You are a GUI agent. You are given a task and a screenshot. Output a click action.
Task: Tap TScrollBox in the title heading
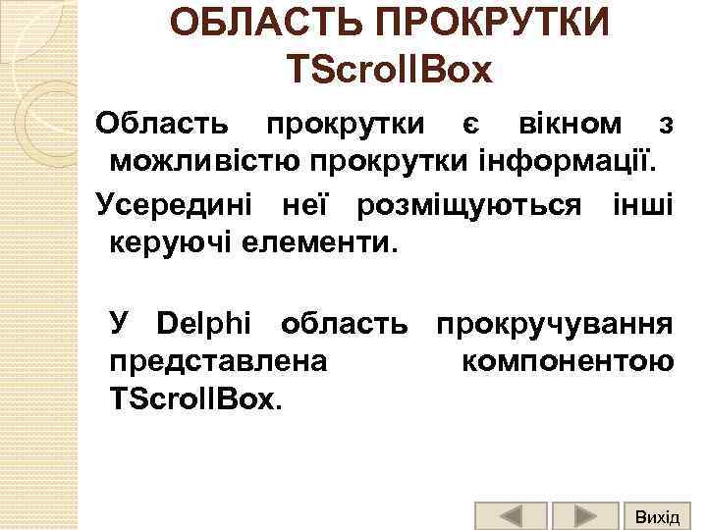[390, 70]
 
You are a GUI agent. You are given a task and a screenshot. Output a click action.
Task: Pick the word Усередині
[173, 206]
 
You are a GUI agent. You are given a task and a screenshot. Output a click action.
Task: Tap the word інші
[639, 206]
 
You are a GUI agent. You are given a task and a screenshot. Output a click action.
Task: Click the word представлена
[218, 360]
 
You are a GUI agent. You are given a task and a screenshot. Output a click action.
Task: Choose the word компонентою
[567, 360]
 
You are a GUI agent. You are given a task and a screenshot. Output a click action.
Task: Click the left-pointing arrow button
[511, 515]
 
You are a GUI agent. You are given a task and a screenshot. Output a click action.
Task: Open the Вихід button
[657, 515]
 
